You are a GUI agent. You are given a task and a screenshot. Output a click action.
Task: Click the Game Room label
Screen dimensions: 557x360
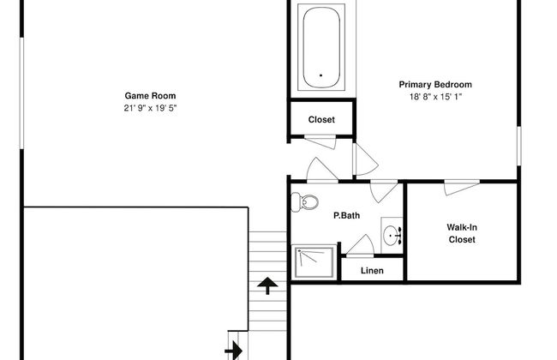[150, 96]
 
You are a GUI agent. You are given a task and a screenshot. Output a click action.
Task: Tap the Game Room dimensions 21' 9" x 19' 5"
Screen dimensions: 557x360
[150, 108]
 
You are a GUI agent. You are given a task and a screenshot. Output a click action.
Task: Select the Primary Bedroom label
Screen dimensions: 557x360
[435, 85]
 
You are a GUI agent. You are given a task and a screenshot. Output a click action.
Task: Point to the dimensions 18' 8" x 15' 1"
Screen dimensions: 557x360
[435, 97]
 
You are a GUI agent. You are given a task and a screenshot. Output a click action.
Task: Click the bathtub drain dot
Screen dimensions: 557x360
[320, 75]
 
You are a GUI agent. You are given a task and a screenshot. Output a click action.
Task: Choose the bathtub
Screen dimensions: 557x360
[321, 47]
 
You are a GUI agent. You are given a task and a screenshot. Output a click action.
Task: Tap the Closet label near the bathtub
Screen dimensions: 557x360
[321, 120]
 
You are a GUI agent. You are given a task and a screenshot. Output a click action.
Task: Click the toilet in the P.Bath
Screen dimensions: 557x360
[304, 201]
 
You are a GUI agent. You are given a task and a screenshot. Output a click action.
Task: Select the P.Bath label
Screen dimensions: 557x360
[347, 215]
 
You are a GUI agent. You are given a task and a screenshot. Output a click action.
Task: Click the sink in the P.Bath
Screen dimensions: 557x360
[392, 235]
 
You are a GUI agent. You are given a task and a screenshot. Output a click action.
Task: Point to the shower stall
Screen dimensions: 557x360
[314, 262]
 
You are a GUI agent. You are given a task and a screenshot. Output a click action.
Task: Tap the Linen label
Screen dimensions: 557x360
[372, 271]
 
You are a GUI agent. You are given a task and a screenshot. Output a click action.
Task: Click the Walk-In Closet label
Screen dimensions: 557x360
[462, 233]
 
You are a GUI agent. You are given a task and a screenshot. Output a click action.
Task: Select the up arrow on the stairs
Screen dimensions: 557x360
[267, 286]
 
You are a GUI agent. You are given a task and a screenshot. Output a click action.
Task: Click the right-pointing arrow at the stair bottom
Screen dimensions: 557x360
[234, 351]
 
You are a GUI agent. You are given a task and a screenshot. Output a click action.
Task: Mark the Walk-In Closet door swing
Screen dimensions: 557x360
[461, 187]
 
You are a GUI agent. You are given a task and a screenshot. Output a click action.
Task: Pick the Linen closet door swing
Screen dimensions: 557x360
[360, 245]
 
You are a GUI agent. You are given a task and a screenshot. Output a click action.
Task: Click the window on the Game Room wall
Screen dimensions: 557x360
[21, 93]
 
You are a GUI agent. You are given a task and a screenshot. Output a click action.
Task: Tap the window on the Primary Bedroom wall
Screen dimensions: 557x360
[518, 146]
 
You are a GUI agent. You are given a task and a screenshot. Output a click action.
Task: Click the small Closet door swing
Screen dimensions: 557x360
[320, 141]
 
